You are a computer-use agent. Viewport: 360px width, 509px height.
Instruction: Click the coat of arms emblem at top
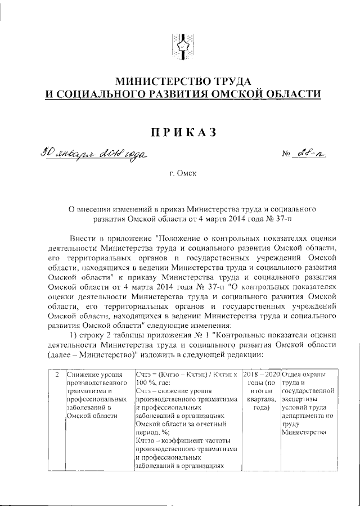[x=182, y=47]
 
